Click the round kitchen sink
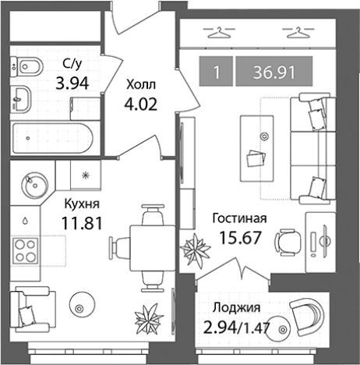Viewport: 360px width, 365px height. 33,184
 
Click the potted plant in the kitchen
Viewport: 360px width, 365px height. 146,318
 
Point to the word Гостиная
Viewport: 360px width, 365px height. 241,218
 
